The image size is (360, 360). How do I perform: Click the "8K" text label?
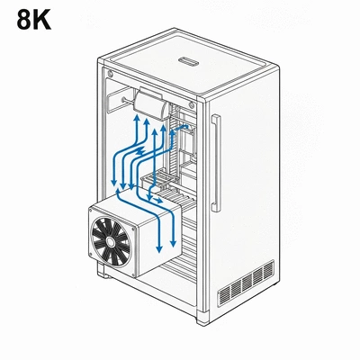pos(34,19)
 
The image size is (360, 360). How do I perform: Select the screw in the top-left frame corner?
pos(110,71)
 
